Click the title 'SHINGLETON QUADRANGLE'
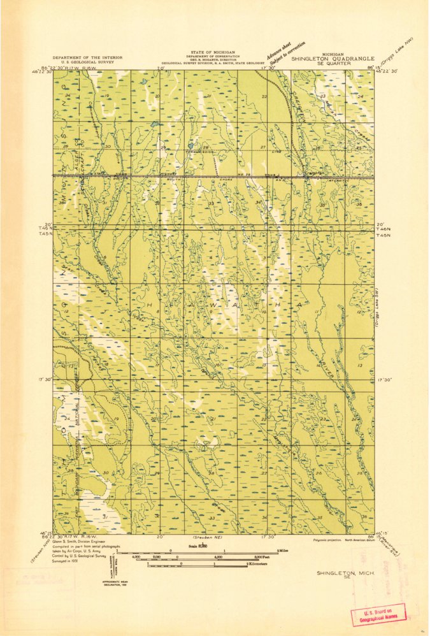point(333,58)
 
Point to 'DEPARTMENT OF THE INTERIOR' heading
point(87,57)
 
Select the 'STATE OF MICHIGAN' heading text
point(212,52)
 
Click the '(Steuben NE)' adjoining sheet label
point(199,538)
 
